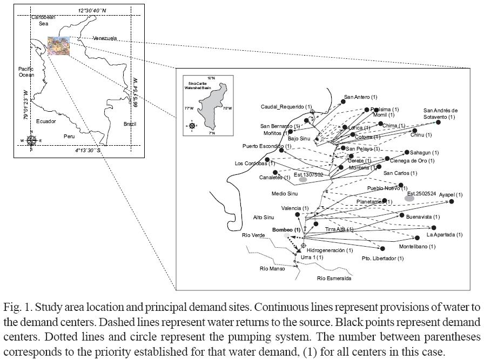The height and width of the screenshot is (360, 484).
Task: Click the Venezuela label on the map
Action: [105, 38]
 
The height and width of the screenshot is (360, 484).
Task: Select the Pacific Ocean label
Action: [26, 72]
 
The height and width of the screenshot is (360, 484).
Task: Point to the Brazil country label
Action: [130, 124]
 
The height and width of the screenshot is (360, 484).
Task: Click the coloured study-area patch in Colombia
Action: [58, 46]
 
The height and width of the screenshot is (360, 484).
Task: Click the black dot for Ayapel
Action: [452, 201]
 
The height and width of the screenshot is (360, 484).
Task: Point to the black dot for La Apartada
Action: [417, 237]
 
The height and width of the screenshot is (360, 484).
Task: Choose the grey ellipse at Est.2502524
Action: [409, 199]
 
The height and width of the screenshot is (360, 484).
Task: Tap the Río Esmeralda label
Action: [334, 279]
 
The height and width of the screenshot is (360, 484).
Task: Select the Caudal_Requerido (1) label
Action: [286, 106]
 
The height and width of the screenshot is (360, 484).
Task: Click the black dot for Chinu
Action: [414, 130]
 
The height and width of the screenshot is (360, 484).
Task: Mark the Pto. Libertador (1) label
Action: [382, 259]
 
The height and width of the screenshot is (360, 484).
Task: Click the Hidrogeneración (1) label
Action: [330, 250]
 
